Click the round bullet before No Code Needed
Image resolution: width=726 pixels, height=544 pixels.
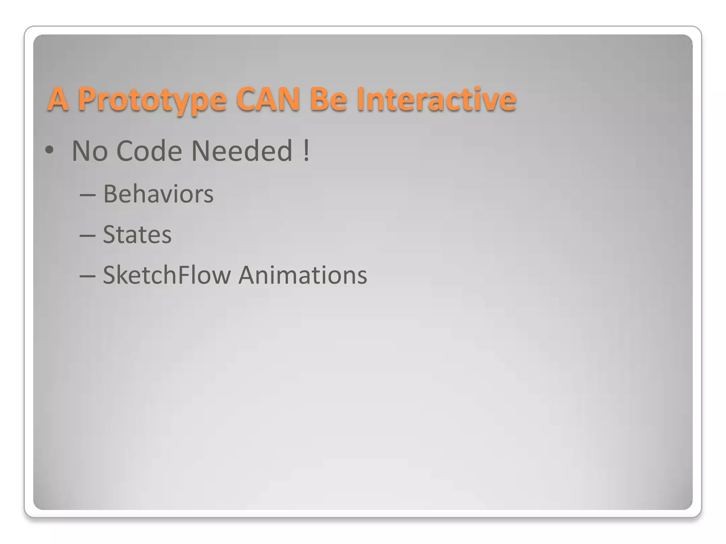pyautogui.click(x=49, y=150)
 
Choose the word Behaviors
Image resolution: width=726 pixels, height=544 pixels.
pyautogui.click(x=158, y=194)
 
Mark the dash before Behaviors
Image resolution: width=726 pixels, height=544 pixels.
pyautogui.click(x=88, y=195)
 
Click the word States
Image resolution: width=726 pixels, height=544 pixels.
pyautogui.click(x=137, y=234)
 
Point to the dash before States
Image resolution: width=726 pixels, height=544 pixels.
pyautogui.click(x=88, y=236)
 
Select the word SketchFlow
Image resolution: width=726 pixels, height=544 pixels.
pyautogui.click(x=167, y=275)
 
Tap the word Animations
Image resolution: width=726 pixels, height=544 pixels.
pyautogui.click(x=303, y=275)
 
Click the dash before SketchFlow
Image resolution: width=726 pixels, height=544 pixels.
pyautogui.click(x=88, y=276)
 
